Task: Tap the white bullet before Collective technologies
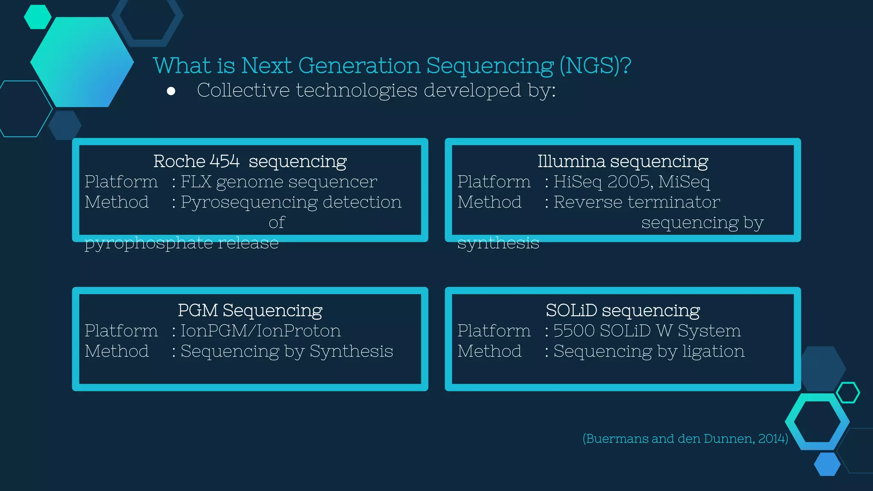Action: pyautogui.click(x=171, y=91)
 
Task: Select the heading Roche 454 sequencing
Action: pyautogui.click(x=250, y=162)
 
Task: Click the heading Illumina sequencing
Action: pyautogui.click(x=622, y=162)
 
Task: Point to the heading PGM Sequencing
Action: pyautogui.click(x=250, y=310)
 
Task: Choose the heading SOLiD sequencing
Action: pyautogui.click(x=622, y=310)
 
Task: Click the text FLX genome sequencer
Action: pyautogui.click(x=279, y=182)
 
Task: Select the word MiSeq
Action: pyautogui.click(x=684, y=182)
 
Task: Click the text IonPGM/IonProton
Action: pyautogui.click(x=260, y=331)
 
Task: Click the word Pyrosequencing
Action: pyautogui.click(x=249, y=202)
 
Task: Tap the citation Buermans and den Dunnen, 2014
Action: pyautogui.click(x=685, y=439)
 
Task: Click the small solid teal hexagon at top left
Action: pyautogui.click(x=38, y=17)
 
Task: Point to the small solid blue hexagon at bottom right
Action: pyautogui.click(x=827, y=464)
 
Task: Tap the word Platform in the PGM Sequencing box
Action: pyautogui.click(x=121, y=331)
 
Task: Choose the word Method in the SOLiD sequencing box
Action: pyautogui.click(x=489, y=351)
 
